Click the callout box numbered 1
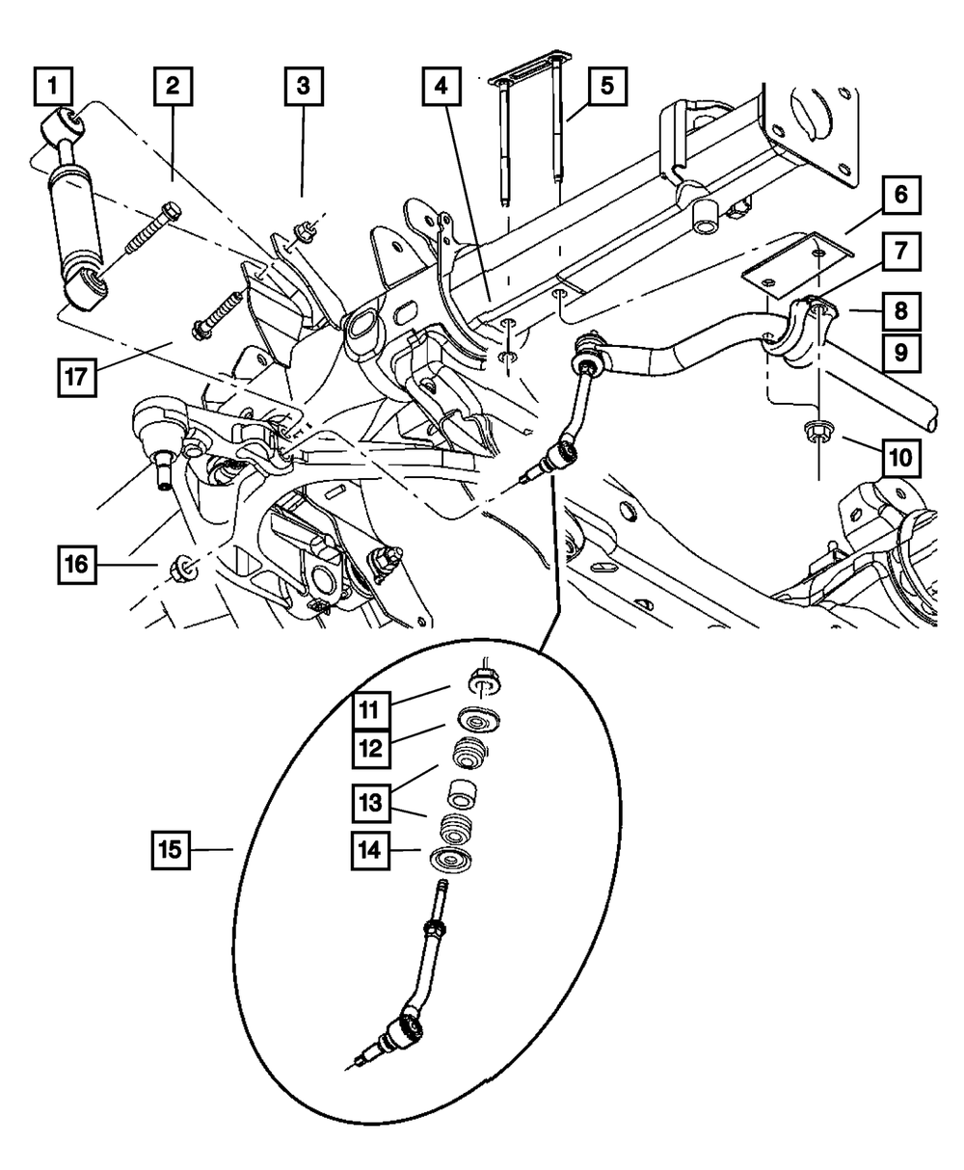pos(53,87)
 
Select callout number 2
pos(174,87)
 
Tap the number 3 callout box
pos(304,87)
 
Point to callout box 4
pos(442,87)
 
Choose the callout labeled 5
pos(607,87)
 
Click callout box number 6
pos(901,195)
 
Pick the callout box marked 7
pos(901,252)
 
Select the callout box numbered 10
pos(901,459)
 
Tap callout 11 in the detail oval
pos(370,710)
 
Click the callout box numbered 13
pos(370,803)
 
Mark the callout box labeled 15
pos(171,850)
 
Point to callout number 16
pos(77,565)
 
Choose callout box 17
pos(77,378)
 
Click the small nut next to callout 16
pos(183,567)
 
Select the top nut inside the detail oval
pos(484,681)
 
